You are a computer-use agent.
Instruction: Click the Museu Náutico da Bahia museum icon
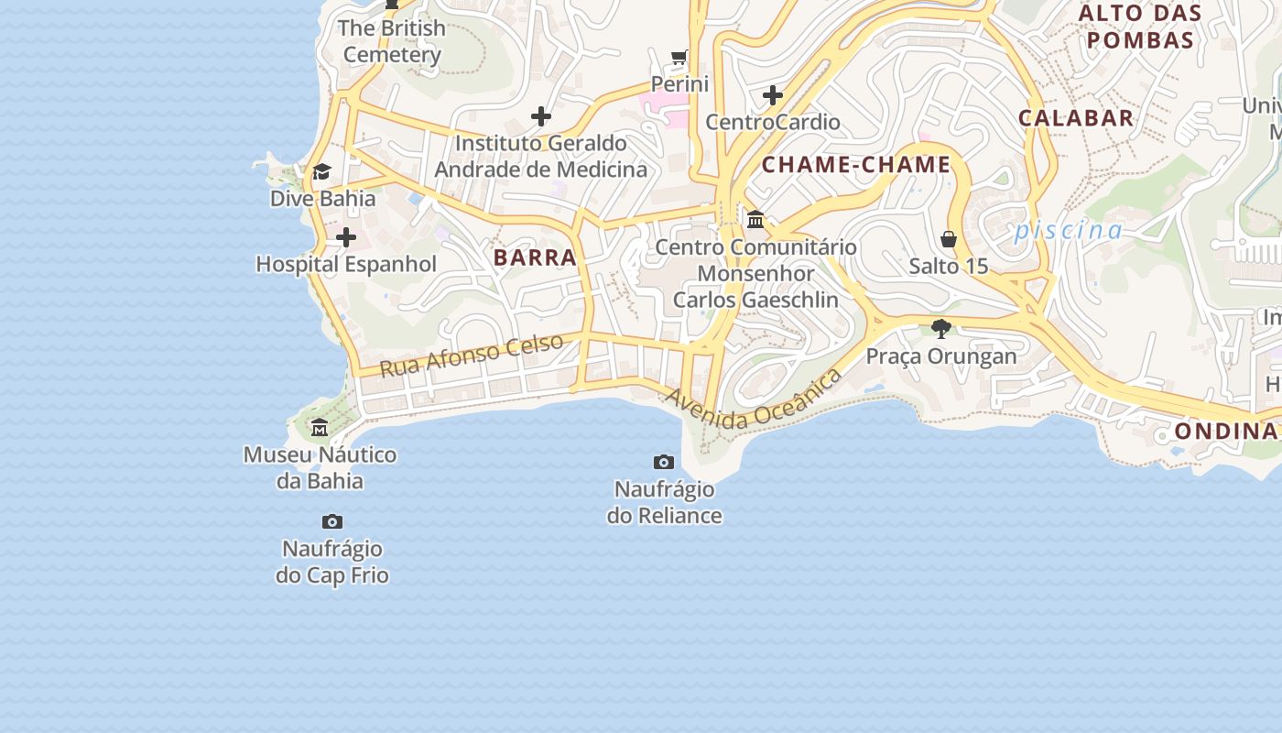click(x=320, y=427)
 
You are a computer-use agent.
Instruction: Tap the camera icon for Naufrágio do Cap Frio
click(x=332, y=522)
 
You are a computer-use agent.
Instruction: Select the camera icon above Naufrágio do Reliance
click(x=664, y=462)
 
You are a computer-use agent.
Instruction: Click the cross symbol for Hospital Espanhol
click(x=346, y=238)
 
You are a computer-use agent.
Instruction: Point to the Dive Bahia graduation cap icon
click(x=321, y=172)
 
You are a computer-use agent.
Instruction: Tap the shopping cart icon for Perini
click(x=679, y=58)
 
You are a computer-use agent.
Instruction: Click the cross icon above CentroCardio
click(x=773, y=95)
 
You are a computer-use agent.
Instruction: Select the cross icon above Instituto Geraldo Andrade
click(x=541, y=116)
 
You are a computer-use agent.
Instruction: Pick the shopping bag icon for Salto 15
click(x=949, y=239)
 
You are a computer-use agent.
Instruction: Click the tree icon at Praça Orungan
click(x=940, y=329)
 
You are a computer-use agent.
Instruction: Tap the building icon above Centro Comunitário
click(x=755, y=220)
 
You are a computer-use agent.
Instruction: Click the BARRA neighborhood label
click(x=535, y=257)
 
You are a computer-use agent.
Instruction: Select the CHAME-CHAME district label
click(x=856, y=165)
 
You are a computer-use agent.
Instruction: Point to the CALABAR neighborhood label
click(x=1076, y=118)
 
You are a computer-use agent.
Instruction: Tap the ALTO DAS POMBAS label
click(x=1140, y=27)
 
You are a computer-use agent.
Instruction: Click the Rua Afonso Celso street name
click(x=472, y=356)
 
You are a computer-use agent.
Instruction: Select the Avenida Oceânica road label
click(x=753, y=400)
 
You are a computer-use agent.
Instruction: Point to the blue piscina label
click(x=1068, y=230)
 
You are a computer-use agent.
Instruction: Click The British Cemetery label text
click(x=392, y=41)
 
